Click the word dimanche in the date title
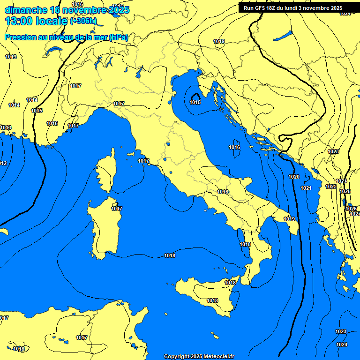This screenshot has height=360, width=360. point(26,10)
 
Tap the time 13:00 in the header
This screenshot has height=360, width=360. point(19,21)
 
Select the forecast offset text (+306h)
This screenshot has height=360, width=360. point(83,21)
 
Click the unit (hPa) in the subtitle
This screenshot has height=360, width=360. point(118,37)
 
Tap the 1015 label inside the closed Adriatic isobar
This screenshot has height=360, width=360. point(195,102)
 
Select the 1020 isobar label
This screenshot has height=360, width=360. point(294,177)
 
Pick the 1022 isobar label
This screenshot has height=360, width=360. point(331,187)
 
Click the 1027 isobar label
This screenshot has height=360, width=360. point(355,214)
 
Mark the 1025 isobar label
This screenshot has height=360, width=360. point(345,191)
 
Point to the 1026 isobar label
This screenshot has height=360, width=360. point(351,209)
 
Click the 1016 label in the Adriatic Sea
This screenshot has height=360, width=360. point(234,147)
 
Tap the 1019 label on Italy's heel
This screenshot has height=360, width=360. point(289,219)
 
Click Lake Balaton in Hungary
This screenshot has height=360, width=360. point(283,36)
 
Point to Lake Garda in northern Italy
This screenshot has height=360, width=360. point(139,72)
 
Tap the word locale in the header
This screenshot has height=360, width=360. point(50,21)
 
